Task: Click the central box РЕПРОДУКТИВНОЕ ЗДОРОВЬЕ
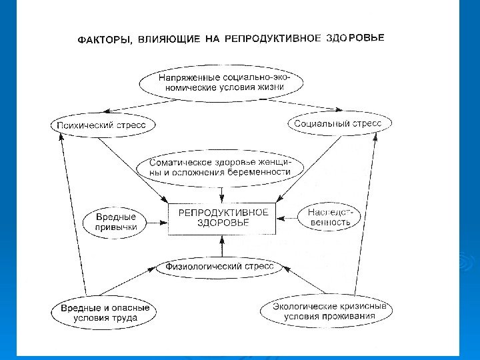[223, 218]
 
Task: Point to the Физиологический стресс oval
[219, 267]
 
